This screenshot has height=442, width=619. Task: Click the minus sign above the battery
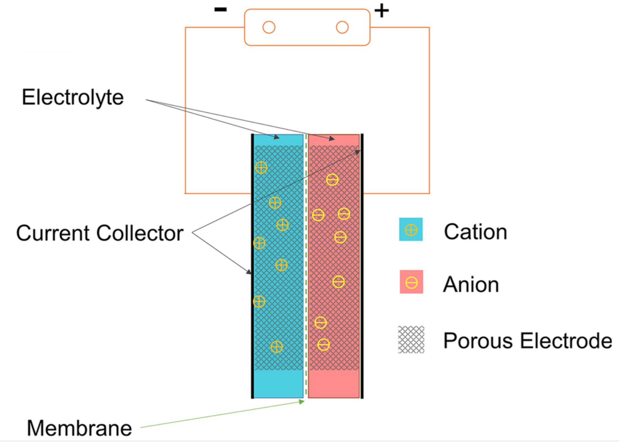221,10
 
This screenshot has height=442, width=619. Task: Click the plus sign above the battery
381,10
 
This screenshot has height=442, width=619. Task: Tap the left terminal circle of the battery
269,27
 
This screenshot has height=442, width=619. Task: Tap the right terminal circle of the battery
342,27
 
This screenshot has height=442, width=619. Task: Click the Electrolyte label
73,97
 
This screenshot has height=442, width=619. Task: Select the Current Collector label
100,233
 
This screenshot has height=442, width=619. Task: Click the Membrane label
79,428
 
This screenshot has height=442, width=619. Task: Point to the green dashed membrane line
306,267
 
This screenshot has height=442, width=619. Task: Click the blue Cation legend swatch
411,230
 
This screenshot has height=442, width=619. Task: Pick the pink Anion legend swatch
411,282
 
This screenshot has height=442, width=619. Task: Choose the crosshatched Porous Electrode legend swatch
411,340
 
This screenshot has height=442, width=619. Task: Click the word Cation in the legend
475,232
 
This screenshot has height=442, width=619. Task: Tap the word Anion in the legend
471,284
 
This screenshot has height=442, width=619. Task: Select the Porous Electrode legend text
527,341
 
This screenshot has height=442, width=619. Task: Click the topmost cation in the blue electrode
261,167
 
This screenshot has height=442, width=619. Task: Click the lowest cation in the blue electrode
276,347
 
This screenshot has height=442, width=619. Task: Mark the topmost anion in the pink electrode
332,180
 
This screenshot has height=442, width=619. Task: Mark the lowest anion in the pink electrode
323,344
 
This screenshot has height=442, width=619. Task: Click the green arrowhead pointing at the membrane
302,401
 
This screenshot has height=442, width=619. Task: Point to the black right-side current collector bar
362,267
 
